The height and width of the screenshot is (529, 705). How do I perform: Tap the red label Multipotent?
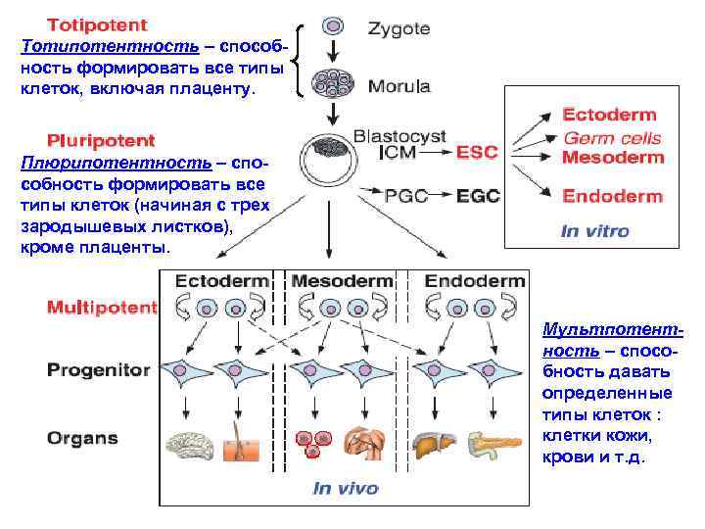pyautogui.click(x=102, y=307)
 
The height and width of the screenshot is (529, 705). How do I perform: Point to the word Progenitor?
pyautogui.click(x=99, y=371)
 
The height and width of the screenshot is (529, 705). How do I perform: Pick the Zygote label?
pyautogui.click(x=399, y=28)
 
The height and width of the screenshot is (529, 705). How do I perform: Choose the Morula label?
pyautogui.click(x=399, y=86)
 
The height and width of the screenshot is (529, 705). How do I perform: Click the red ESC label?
pyautogui.click(x=477, y=152)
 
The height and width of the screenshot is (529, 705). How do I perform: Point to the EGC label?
pyautogui.click(x=478, y=195)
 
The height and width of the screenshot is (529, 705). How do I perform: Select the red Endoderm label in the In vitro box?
pyautogui.click(x=612, y=196)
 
